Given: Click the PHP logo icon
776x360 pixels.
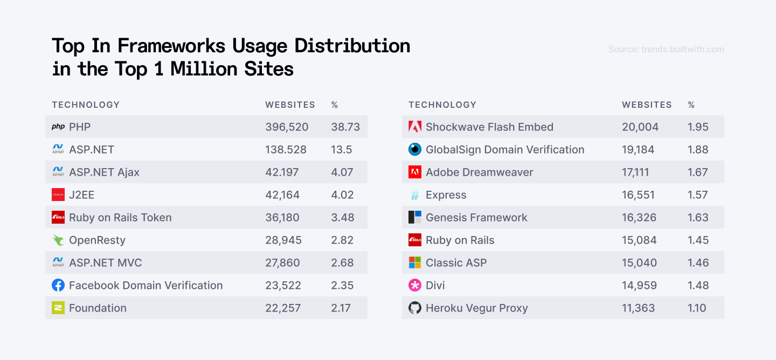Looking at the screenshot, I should pos(58,127).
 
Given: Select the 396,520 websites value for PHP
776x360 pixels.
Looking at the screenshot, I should pos(287,127).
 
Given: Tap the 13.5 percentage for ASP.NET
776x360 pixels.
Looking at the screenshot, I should pos(341,150).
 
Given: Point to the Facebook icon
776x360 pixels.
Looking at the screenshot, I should pos(58,286).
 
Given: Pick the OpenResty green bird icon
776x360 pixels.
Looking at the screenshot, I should pos(58,240).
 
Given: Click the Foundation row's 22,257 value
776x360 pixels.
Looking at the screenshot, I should pos(283,308).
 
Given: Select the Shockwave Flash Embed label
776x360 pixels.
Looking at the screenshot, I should pos(489,127).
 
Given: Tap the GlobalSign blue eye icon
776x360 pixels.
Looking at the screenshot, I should pos(415,150).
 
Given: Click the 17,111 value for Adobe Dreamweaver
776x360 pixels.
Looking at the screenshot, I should pos(635,172).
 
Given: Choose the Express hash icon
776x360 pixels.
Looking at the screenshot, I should pos(415,195).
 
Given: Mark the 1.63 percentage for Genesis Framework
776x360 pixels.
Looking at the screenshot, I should pos(698,218).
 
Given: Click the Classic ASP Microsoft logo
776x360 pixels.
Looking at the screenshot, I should pos(415,263).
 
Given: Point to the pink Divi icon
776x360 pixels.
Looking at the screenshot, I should pos(415,286).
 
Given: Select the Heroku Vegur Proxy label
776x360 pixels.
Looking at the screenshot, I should pos(476,308).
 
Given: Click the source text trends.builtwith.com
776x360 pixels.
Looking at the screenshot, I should pos(666,50).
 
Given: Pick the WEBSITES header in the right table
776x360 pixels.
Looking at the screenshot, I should pos(647,105).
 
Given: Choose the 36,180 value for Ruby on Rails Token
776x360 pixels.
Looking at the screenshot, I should pos(282,218).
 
